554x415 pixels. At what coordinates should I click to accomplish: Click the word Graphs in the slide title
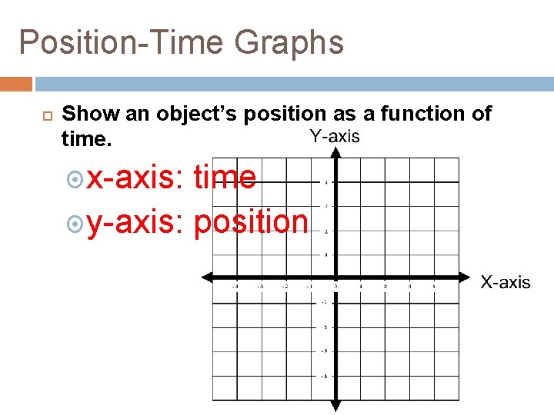pyautogui.click(x=289, y=42)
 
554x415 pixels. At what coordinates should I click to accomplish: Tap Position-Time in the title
pyautogui.click(x=122, y=42)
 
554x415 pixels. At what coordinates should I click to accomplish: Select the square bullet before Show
pyautogui.click(x=45, y=115)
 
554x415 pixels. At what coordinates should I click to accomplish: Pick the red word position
pyautogui.click(x=251, y=222)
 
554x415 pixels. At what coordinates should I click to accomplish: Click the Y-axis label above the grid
pyautogui.click(x=335, y=137)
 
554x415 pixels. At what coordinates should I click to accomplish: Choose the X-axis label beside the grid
pyautogui.click(x=506, y=282)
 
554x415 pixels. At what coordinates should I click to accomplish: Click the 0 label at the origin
pyautogui.click(x=336, y=285)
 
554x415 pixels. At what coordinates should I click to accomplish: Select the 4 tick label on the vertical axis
pyautogui.click(x=326, y=183)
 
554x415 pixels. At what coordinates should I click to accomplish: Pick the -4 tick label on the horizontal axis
pyautogui.click(x=235, y=286)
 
